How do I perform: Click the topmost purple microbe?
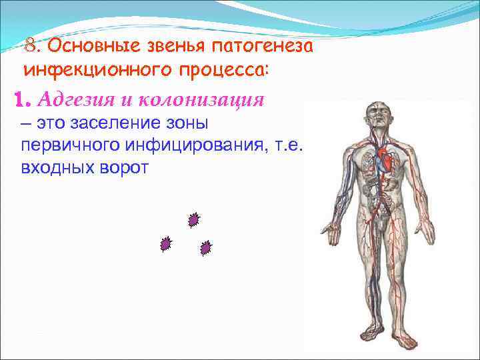tap(194, 219)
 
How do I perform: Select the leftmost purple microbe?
tap(165, 245)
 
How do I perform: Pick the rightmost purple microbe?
tap(206, 248)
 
